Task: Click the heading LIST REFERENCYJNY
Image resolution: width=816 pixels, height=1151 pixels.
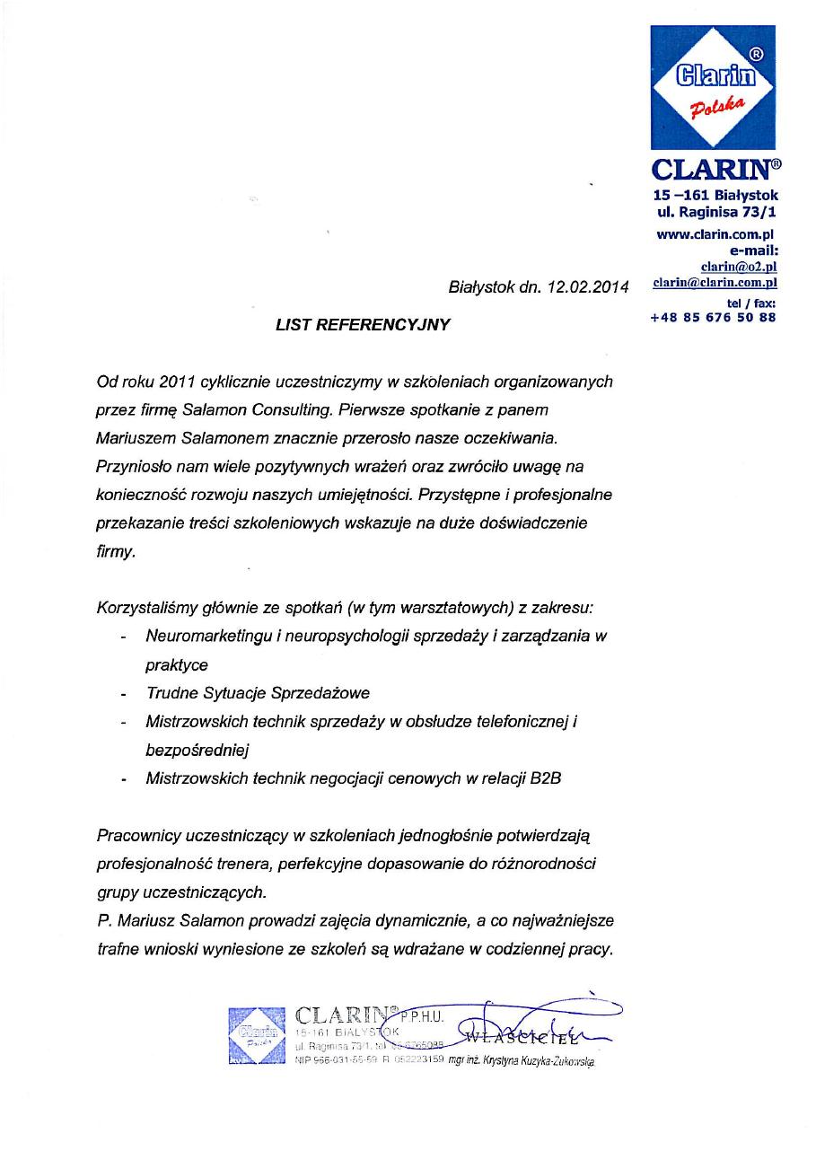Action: coord(363,325)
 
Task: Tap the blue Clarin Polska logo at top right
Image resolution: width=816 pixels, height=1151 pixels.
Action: coord(713,87)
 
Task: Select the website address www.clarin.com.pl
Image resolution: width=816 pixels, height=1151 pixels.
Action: coord(715,234)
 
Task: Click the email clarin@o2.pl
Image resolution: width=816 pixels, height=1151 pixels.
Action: coord(738,266)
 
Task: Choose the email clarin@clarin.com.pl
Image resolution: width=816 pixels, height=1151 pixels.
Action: coord(715,281)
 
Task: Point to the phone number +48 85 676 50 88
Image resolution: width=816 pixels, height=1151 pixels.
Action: coord(713,317)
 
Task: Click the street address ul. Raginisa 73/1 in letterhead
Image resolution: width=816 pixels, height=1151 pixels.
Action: coord(716,213)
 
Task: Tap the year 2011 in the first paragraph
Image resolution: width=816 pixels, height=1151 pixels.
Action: coord(177,382)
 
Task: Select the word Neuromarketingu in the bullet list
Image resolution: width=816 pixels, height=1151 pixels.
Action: coord(204,637)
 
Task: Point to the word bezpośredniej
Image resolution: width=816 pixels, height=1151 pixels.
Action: coord(197,750)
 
